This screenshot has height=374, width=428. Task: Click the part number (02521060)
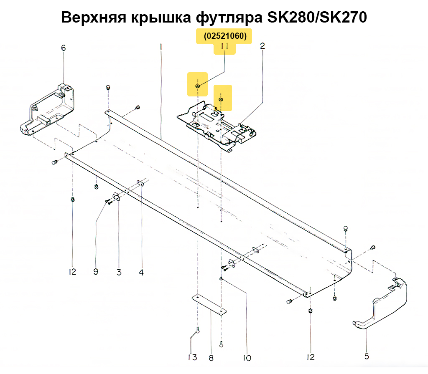pos(225,36)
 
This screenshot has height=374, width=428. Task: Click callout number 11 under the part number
pos(224,47)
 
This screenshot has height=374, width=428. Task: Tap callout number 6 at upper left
pos(64,48)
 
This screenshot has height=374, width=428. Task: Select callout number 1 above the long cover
pos(161,47)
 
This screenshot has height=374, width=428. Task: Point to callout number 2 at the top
pos(262,46)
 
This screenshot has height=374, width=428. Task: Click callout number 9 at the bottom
pos(96,271)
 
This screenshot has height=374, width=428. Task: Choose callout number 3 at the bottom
pos(119,272)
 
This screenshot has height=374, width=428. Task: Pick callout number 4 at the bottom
pos(141,272)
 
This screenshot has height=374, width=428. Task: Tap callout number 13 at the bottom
pos(192,357)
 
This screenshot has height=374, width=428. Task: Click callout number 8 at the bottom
pos(211,358)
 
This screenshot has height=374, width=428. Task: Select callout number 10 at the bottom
pos(247,358)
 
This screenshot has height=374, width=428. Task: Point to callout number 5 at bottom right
pos(366,356)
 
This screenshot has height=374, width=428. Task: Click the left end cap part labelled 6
pos(47,110)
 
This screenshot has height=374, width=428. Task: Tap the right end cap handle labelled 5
pos(380,303)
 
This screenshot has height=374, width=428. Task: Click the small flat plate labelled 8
pos(209,305)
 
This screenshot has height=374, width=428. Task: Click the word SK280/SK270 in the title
pos(317,17)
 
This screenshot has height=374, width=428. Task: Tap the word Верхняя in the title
pos(94,18)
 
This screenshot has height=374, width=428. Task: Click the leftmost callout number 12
pos(72,272)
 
